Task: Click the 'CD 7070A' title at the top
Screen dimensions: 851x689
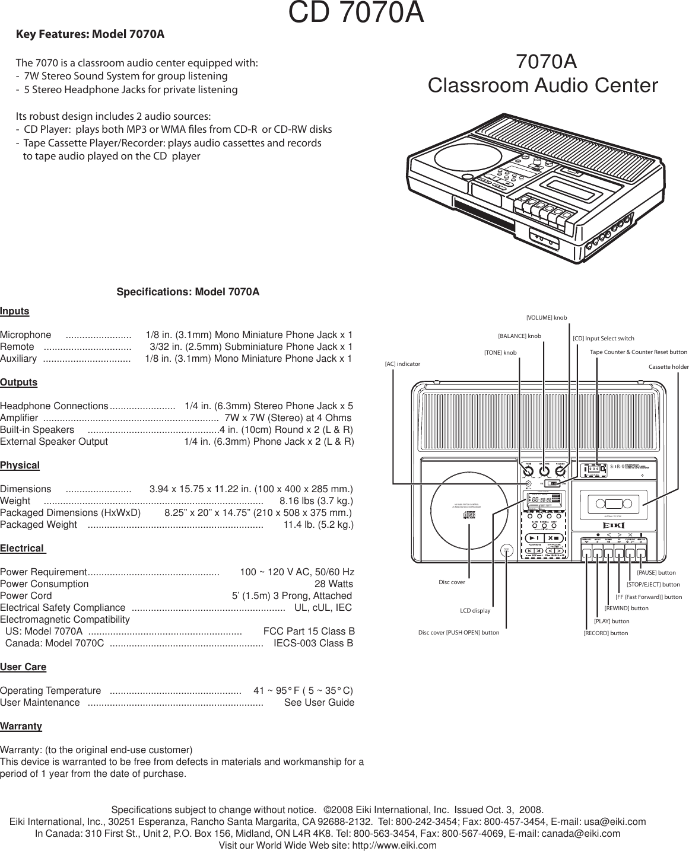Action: [356, 14]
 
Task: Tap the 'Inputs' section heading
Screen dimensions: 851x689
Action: [15, 311]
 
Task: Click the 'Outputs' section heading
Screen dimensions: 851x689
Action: [19, 383]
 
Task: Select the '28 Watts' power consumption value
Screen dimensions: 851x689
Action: [334, 584]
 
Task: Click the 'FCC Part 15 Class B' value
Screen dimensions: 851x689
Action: [309, 632]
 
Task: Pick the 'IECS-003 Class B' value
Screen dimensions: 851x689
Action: [313, 643]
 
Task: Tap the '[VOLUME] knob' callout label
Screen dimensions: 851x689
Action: [547, 318]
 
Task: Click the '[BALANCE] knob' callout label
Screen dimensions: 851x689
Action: [519, 336]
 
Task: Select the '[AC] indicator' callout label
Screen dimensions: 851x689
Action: [402, 364]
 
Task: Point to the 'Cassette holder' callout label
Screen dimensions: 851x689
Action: [668, 367]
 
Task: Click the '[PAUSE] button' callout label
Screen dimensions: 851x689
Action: [656, 573]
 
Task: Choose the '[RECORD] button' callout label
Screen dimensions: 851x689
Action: [605, 633]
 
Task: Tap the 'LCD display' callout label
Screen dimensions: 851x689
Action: [475, 610]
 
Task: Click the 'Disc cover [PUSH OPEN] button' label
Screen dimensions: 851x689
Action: [459, 633]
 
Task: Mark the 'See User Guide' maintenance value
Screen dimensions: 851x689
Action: [319, 703]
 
